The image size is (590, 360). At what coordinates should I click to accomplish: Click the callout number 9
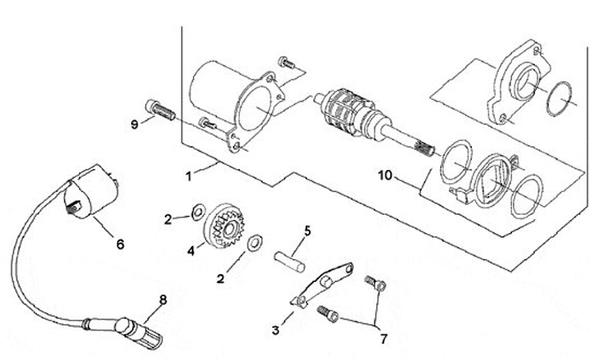pos(134,125)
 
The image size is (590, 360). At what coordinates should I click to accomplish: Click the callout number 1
pos(189,175)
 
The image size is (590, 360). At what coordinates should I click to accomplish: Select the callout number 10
pos(385,175)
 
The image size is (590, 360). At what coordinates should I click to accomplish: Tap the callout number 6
pos(120,244)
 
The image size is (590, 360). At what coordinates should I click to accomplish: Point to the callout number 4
pos(191,251)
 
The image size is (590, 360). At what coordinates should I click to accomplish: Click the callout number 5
pos(308,230)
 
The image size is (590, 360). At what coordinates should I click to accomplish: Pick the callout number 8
pos(163,300)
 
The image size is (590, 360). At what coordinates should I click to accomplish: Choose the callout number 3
pos(276,330)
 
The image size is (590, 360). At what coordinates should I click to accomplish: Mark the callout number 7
pos(383,339)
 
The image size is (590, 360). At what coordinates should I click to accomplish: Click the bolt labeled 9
pos(160,110)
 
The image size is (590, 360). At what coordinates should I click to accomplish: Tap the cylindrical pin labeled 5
pos(289,262)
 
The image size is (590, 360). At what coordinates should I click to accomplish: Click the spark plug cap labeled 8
pos(138,332)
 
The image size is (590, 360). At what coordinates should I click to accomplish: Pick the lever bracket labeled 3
pos(322,285)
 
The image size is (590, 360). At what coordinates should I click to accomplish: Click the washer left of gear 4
pos(198,212)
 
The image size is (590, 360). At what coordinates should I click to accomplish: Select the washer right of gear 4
pos(255,244)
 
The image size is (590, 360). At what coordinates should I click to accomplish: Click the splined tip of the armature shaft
pos(424,147)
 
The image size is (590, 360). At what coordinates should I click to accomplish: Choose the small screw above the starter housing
pos(287,62)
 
